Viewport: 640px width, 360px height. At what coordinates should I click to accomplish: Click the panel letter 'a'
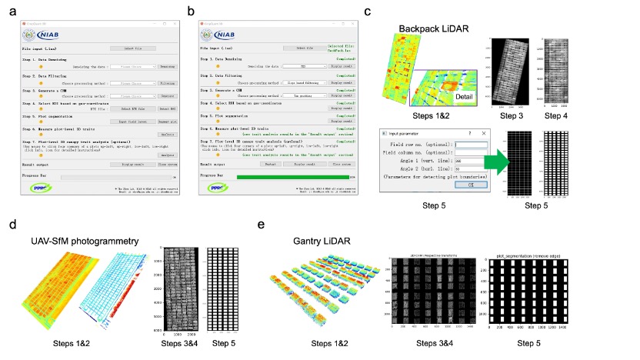coord(12,10)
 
